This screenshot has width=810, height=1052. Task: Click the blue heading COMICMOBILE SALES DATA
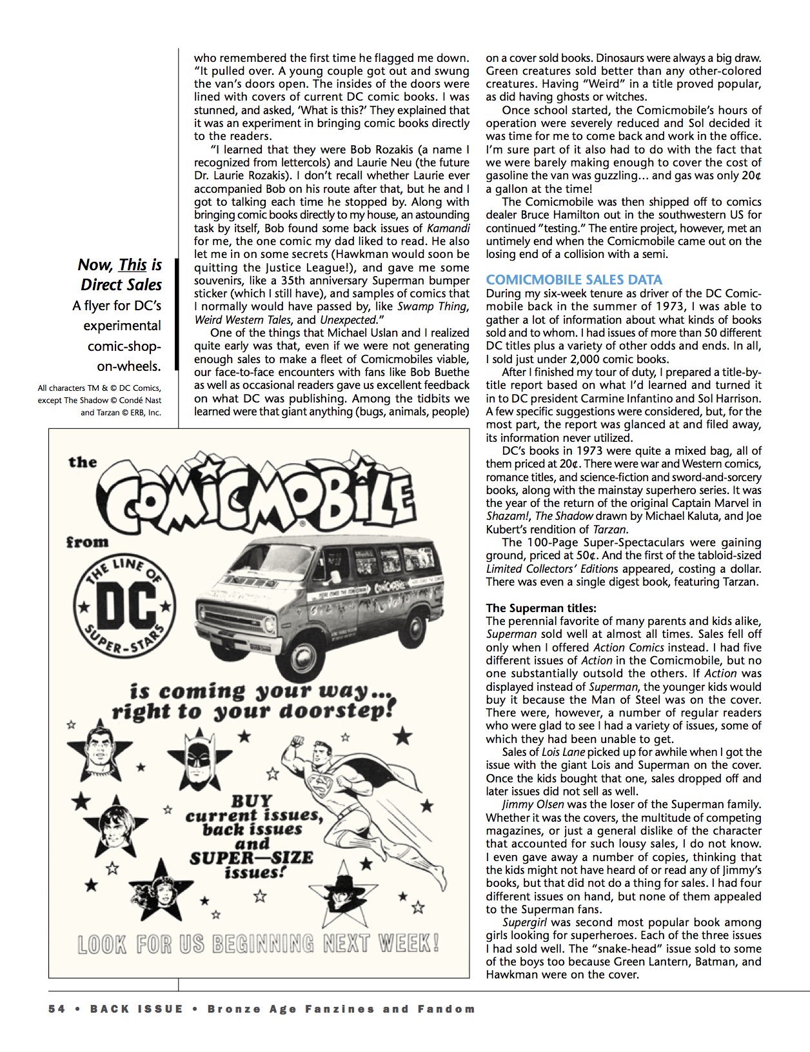click(x=574, y=279)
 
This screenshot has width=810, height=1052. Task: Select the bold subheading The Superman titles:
click(x=541, y=608)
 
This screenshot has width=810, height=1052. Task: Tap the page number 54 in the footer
click(x=57, y=1009)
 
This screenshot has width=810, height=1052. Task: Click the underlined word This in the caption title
click(x=132, y=264)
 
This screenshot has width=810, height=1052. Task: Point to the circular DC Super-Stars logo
click(x=124, y=609)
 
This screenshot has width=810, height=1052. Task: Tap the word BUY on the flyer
click(x=252, y=800)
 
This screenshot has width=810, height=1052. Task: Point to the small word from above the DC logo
click(x=87, y=542)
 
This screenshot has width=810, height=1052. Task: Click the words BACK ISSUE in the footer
click(x=137, y=1009)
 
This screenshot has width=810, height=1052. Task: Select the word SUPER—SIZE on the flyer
click(x=251, y=858)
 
